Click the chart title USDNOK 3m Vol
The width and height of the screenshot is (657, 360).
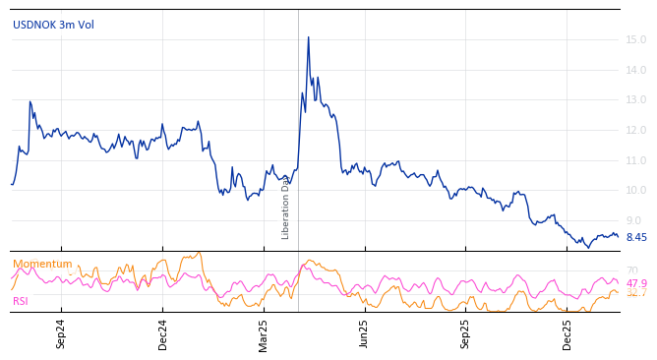pos(53,25)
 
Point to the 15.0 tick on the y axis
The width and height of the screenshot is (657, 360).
pos(636,40)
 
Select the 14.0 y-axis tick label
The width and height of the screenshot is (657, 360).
pos(636,70)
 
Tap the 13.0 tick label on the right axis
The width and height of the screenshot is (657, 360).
pos(636,100)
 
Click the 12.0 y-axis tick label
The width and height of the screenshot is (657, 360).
pos(636,130)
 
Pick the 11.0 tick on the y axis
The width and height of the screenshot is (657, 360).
pos(636,160)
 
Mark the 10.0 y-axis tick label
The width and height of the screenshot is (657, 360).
pos(636,190)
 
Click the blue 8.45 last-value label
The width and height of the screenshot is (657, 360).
pos(636,237)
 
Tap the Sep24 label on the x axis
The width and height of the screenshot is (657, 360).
pos(61,333)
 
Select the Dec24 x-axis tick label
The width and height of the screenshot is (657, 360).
pos(163,333)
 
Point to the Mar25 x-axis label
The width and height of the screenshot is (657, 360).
pos(264,333)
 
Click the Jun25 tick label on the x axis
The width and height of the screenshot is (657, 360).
pos(365,333)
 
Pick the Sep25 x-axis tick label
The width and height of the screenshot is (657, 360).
pos(466,333)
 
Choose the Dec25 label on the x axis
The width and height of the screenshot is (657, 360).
pos(567,333)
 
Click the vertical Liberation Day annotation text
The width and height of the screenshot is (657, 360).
pos(286,208)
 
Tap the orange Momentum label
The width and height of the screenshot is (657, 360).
pos(42,264)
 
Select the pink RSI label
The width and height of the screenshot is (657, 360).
pos(21,301)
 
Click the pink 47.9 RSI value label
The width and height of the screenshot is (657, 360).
pos(636,283)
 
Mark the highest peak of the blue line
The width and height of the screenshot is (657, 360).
pos(308,37)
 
